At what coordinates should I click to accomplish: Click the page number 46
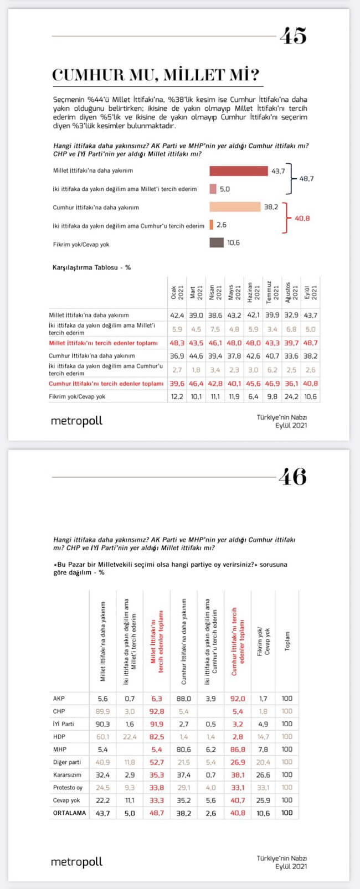292,477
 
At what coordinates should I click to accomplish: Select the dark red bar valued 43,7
239,170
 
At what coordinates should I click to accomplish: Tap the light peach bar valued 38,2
235,207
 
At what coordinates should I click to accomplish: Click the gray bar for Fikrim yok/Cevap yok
217,242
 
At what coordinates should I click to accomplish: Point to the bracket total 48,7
306,179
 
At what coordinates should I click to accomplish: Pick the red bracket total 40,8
302,218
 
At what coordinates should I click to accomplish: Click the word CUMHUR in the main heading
86,75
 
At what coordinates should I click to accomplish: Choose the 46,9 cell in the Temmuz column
272,383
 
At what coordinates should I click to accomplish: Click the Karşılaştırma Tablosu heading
91,267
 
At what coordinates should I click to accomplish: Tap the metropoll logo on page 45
76,421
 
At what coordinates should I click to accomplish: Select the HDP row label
59,736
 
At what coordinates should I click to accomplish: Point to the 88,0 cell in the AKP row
184,699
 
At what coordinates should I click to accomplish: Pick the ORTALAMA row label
69,813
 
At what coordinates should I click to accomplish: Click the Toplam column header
287,642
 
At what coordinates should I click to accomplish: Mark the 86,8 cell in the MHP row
238,749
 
